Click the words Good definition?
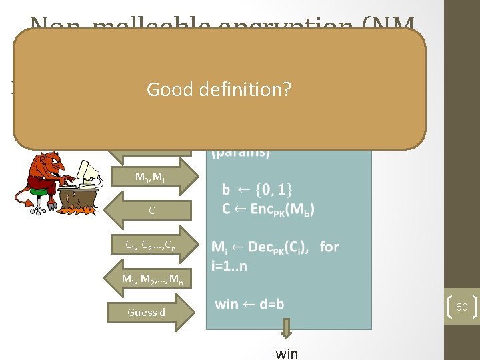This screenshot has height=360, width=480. click(219, 89)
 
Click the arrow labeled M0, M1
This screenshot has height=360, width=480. click(153, 177)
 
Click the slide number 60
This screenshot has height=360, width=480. click(461, 307)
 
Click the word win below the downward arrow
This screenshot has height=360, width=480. click(287, 353)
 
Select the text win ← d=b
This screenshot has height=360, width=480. click(249, 305)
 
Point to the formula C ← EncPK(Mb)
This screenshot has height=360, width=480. click(269, 208)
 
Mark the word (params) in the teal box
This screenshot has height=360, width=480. click(241, 152)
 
